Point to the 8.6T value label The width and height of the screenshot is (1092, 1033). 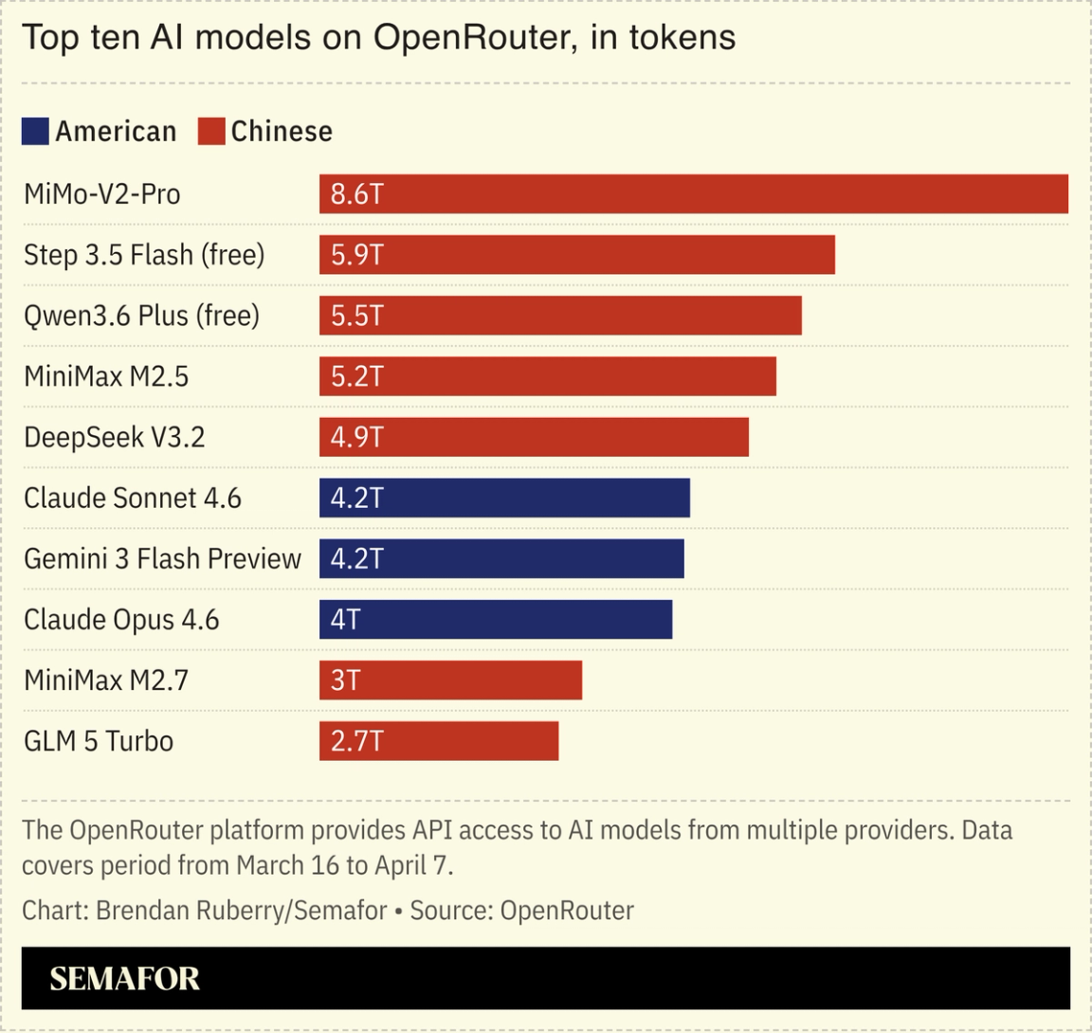point(356,194)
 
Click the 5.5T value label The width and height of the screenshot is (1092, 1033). point(356,316)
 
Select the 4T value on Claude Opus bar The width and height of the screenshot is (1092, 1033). point(345,619)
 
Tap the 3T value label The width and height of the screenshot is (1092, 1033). point(345,680)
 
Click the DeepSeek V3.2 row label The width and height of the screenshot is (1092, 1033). point(115,437)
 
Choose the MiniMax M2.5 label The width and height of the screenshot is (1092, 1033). point(106,376)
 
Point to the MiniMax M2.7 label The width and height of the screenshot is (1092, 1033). point(106,680)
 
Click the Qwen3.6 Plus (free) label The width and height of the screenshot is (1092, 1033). point(141,316)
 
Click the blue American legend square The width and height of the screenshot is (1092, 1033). point(35,131)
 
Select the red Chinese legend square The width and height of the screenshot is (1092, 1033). point(211,131)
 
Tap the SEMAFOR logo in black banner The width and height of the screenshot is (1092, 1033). point(124,978)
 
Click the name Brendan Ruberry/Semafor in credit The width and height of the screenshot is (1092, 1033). point(241,911)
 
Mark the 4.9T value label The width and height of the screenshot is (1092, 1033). point(356,437)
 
